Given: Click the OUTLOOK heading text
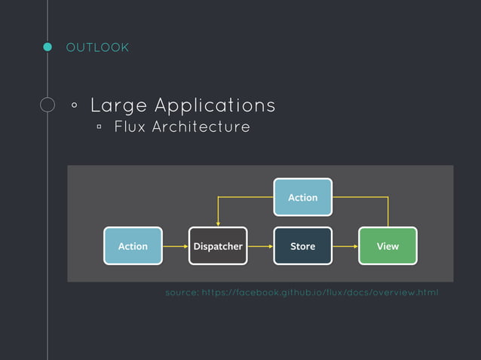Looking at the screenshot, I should pyautogui.click(x=97, y=48).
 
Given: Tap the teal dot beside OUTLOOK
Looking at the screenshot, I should pyautogui.click(x=47, y=47).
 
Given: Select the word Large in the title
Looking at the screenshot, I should pyautogui.click(x=117, y=105).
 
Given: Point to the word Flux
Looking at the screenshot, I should pyautogui.click(x=130, y=127).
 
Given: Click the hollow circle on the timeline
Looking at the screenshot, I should pyautogui.click(x=47, y=105).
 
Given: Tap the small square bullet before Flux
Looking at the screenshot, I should pyautogui.click(x=99, y=127).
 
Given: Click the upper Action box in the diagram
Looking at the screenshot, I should pyautogui.click(x=302, y=197).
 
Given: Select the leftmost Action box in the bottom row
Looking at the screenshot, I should pyautogui.click(x=133, y=246).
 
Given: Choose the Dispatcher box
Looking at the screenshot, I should pyautogui.click(x=218, y=246).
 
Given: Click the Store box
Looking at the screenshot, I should pyautogui.click(x=302, y=246).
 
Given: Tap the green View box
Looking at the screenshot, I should pyautogui.click(x=388, y=246).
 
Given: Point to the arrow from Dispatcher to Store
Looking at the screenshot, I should pyautogui.click(x=260, y=246).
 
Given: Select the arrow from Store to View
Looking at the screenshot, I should pyautogui.click(x=345, y=246).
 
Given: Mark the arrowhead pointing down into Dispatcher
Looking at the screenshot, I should pyautogui.click(x=218, y=223).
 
